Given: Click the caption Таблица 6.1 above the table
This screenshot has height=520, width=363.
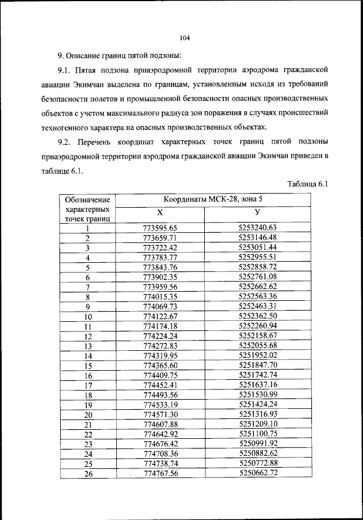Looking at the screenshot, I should pos(308,183).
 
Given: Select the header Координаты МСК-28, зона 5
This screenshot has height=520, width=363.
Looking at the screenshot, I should pos(213,199).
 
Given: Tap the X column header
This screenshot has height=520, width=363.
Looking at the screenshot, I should pos(161,212).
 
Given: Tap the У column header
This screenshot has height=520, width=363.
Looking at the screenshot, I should pos(257,212).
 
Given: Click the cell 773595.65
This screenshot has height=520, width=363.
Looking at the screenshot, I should pos(161,228).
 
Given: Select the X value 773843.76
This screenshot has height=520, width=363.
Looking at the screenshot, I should pos(161,267).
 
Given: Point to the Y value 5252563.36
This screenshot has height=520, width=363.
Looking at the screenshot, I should pos(257,296).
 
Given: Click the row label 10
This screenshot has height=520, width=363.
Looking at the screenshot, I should pos(88,317).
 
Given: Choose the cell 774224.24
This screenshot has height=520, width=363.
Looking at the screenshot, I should pos(161,336).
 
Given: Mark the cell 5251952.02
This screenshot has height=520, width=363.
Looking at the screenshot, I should pos(257,355).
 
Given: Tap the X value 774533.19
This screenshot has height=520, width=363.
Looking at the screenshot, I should pos(161,405).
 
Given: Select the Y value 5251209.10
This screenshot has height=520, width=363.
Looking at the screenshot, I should pos(257,423).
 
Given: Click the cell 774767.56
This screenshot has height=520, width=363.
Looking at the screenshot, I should pos(161,473).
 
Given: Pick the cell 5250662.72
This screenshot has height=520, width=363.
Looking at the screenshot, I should pos(258,472).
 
